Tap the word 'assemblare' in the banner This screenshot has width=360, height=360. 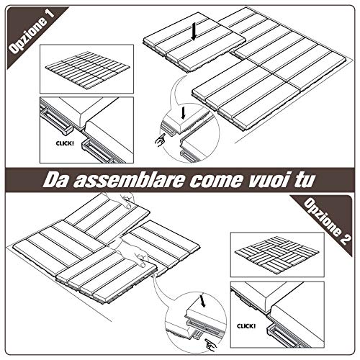tap(128, 180)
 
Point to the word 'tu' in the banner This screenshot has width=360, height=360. tap(303, 180)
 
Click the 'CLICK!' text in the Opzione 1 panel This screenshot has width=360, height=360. tap(65, 143)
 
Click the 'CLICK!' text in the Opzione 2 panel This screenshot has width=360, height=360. tap(246, 326)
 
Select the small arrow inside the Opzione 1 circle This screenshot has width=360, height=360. tap(183, 113)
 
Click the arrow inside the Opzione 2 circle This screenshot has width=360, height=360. tap(203, 301)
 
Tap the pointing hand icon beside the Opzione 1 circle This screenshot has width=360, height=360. tap(160, 140)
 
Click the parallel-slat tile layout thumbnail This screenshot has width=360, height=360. tap(88, 69)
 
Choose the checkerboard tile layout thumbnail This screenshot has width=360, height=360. tap(276, 255)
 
